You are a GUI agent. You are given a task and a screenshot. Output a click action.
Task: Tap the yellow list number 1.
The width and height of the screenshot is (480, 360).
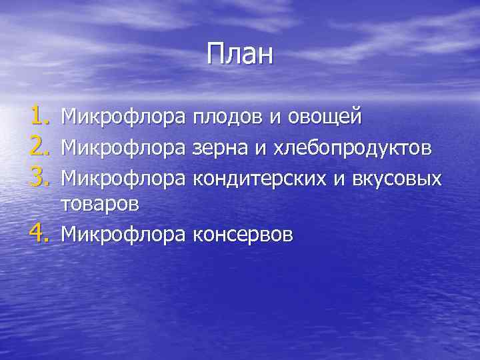41,117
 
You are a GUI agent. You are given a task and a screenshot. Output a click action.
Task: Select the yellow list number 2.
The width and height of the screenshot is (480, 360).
41,147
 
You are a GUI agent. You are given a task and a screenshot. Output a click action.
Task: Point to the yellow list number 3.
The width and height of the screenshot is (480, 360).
41,176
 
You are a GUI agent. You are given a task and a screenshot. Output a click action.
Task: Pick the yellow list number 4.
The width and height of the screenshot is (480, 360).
41,234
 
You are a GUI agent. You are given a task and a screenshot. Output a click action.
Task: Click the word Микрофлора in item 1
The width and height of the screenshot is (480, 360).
123,117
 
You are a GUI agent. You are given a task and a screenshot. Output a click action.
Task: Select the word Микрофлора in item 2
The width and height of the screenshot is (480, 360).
123,147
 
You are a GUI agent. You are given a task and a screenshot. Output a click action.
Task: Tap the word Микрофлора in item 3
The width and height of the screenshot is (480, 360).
123,176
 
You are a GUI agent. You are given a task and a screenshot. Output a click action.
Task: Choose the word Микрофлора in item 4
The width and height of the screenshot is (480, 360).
123,234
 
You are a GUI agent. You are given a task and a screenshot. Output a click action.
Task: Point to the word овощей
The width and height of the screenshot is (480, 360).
325,117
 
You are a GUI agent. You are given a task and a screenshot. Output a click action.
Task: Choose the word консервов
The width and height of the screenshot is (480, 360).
242,234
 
